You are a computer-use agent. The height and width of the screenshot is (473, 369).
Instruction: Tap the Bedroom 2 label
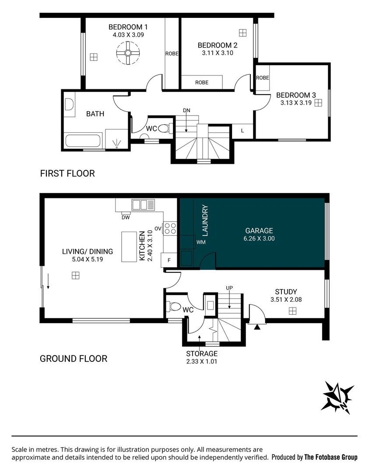[x=217, y=45]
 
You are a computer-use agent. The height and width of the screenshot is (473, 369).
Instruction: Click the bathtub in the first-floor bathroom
[x=83, y=141]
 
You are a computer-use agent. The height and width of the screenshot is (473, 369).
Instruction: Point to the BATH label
[x=95, y=114]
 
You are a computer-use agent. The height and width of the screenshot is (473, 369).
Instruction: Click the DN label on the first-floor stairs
[x=186, y=110]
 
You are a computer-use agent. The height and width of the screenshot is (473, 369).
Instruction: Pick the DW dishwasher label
[x=125, y=217]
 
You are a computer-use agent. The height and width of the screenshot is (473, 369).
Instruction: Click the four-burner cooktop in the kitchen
[x=171, y=228]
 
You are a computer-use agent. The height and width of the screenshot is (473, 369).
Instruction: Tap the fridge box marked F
[x=169, y=260]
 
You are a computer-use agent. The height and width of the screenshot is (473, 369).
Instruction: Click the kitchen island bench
[x=129, y=247]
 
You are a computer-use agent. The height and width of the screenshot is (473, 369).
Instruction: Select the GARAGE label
[x=259, y=231]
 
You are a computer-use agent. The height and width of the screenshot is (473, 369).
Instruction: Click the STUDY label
[x=286, y=292]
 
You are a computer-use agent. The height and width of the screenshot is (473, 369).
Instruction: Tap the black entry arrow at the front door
[x=257, y=326]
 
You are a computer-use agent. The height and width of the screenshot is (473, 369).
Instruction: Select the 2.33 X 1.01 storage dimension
[x=202, y=361]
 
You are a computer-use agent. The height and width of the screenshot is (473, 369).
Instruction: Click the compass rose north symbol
[x=337, y=397]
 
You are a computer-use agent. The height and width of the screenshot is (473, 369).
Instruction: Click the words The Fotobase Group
[x=331, y=457]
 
